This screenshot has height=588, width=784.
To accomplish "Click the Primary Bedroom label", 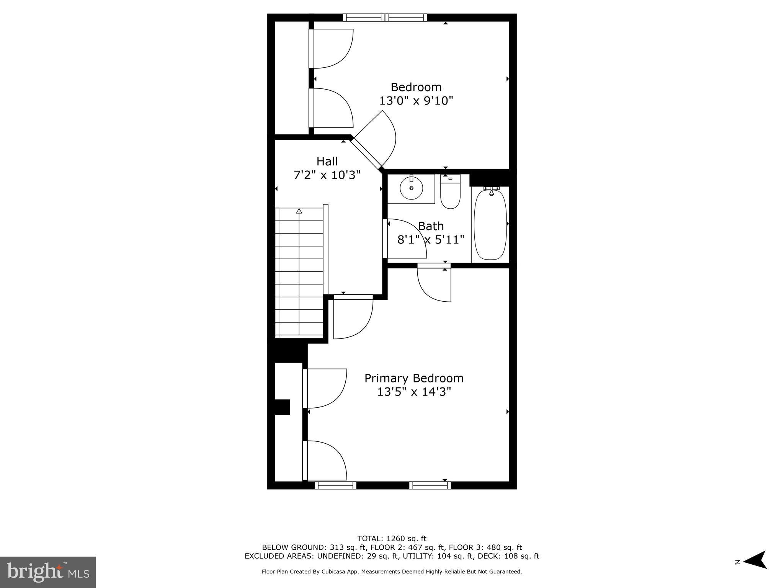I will coord(414,378).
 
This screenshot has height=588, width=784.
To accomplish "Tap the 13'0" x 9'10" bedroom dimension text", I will coord(416,101).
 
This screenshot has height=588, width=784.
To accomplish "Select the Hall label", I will coord(327,161).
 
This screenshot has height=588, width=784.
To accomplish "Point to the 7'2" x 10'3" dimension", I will coord(327,175).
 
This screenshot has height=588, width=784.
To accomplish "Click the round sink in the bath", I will coord(411,188).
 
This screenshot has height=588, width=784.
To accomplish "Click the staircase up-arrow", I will coord(299,211).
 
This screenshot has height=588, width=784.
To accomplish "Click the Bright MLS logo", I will coord(48,572).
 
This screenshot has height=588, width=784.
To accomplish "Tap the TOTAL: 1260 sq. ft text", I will coord(392,539).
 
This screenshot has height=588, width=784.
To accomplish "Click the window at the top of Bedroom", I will coord(385,17).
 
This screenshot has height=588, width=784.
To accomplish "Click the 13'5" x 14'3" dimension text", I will coord(414,392).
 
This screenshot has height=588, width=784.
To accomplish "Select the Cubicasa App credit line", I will coord(392,572).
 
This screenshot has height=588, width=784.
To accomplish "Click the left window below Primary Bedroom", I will coord(335,485).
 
